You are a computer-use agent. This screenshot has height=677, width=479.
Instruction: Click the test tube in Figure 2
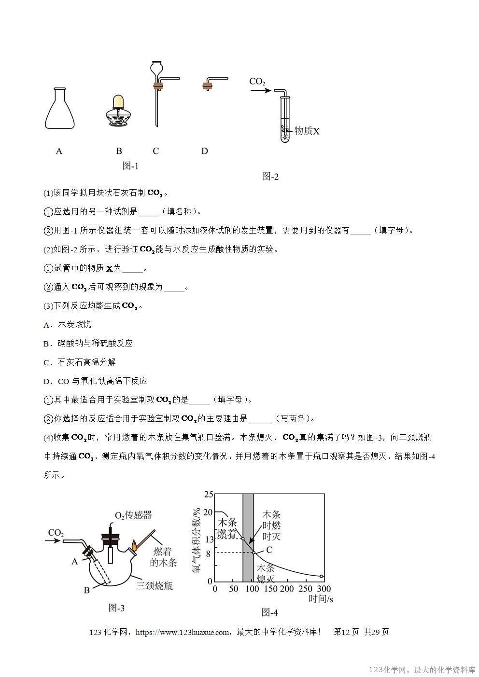pos(285,121)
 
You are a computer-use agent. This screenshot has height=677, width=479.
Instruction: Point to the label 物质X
pos(307,131)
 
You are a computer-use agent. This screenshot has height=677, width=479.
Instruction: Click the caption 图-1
pos(130,166)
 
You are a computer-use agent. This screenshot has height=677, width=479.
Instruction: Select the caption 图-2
pos(270,177)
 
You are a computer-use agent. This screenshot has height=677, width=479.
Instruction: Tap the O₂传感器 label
pos(133,515)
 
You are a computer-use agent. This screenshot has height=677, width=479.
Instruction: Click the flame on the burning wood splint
pos(134,546)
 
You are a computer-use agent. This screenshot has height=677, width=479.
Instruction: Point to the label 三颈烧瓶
pos(154,586)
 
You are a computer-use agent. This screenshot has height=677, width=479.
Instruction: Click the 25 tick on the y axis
pos(209,494)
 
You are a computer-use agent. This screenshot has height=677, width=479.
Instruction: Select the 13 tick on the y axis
pos(209,539)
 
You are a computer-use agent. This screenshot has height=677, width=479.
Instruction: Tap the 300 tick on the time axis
pos(324,589)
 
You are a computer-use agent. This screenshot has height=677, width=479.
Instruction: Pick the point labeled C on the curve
pos(254,552)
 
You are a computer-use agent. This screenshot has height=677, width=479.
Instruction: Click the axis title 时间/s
pos(321,599)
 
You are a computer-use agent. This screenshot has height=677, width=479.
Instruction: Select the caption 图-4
pos(269,612)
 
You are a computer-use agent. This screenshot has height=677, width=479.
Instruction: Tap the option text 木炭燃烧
pos(74,324)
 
